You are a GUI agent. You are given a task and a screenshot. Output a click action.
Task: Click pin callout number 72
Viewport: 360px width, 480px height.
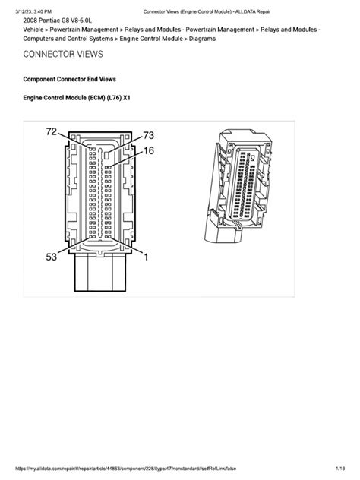coord(52,132)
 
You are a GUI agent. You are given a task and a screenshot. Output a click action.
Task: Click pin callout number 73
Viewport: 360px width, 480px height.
coord(148,135)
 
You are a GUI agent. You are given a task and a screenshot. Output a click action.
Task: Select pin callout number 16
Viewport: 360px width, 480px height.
coord(149,151)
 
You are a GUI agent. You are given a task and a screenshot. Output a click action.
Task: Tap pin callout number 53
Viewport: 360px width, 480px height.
coord(52,257)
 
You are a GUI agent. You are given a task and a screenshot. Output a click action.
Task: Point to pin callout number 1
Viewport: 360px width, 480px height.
coord(144,257)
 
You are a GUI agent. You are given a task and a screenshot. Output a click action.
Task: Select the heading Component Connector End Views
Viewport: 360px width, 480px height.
coord(70,79)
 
